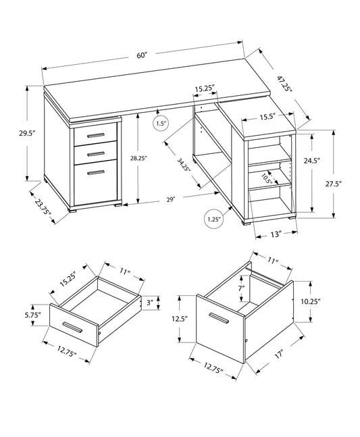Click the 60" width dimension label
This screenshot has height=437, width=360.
[x=141, y=55]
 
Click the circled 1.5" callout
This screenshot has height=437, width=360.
[x=161, y=124]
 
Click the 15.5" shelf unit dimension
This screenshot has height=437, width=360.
[x=267, y=117]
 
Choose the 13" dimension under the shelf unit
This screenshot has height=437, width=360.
[x=274, y=233]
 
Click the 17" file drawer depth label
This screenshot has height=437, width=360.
[x=277, y=353]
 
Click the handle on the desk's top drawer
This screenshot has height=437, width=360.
[x=95, y=136]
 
